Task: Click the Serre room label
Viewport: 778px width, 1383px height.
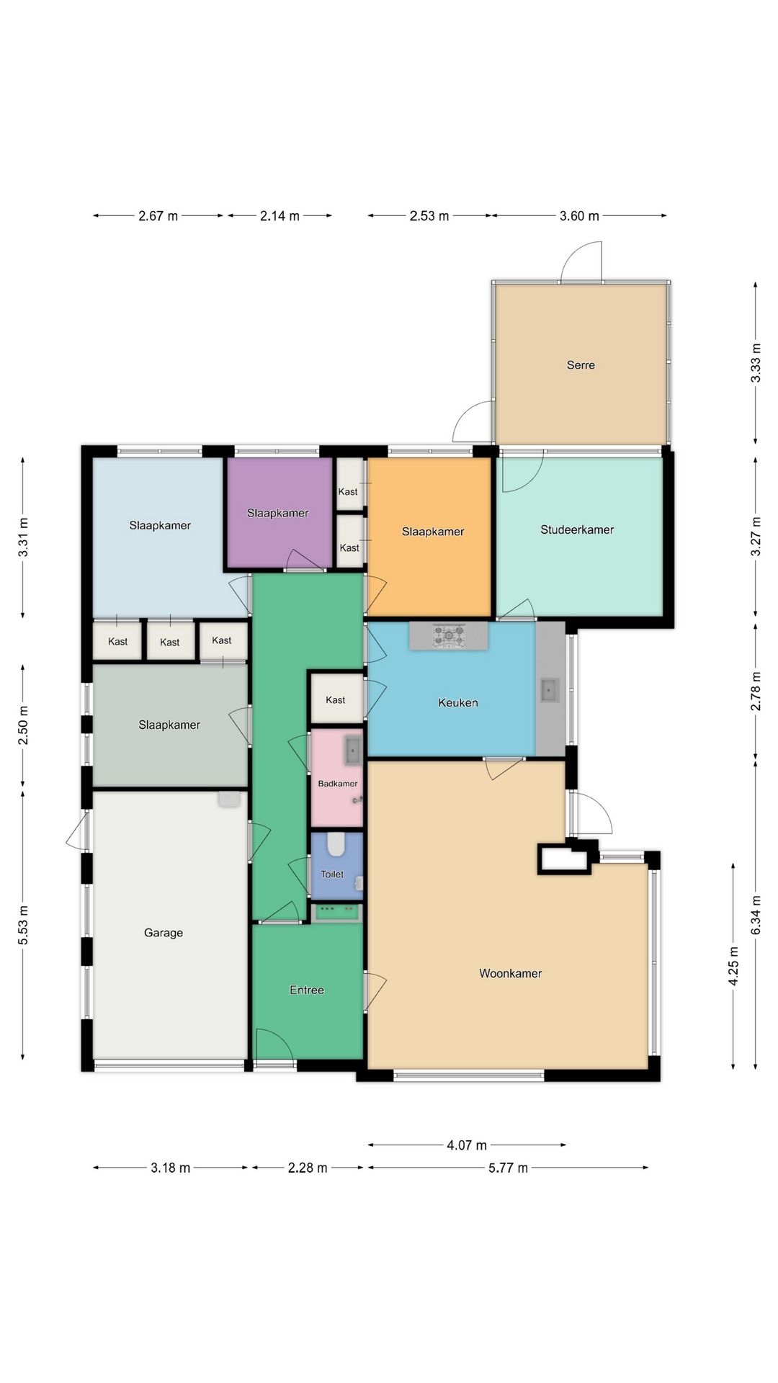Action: (581, 365)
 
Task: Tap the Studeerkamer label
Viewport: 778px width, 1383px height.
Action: (577, 529)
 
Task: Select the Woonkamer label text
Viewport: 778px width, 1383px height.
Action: (510, 973)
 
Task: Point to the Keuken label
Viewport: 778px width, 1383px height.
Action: (458, 702)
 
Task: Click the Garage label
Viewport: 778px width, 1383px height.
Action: (164, 933)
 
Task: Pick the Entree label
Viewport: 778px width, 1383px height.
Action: (307, 990)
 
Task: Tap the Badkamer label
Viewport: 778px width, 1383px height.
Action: (338, 784)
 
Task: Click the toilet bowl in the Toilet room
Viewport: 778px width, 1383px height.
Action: (336, 844)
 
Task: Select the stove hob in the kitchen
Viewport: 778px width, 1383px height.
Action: (448, 635)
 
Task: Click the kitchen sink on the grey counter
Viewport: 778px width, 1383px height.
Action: (550, 690)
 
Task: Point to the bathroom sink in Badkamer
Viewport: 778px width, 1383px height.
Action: (352, 751)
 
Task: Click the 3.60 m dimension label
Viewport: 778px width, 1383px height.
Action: (579, 216)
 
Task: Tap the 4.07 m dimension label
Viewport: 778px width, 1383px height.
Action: (467, 1145)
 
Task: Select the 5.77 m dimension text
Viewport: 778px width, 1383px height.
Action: (508, 1168)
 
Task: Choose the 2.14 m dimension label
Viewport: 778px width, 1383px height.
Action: (280, 216)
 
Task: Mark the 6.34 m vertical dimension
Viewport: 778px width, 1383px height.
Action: (756, 916)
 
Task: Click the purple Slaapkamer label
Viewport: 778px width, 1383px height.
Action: (277, 513)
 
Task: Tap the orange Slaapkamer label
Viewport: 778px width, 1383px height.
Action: (433, 532)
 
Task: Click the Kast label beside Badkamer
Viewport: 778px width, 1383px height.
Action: (335, 699)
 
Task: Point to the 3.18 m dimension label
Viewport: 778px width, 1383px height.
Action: (170, 1168)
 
